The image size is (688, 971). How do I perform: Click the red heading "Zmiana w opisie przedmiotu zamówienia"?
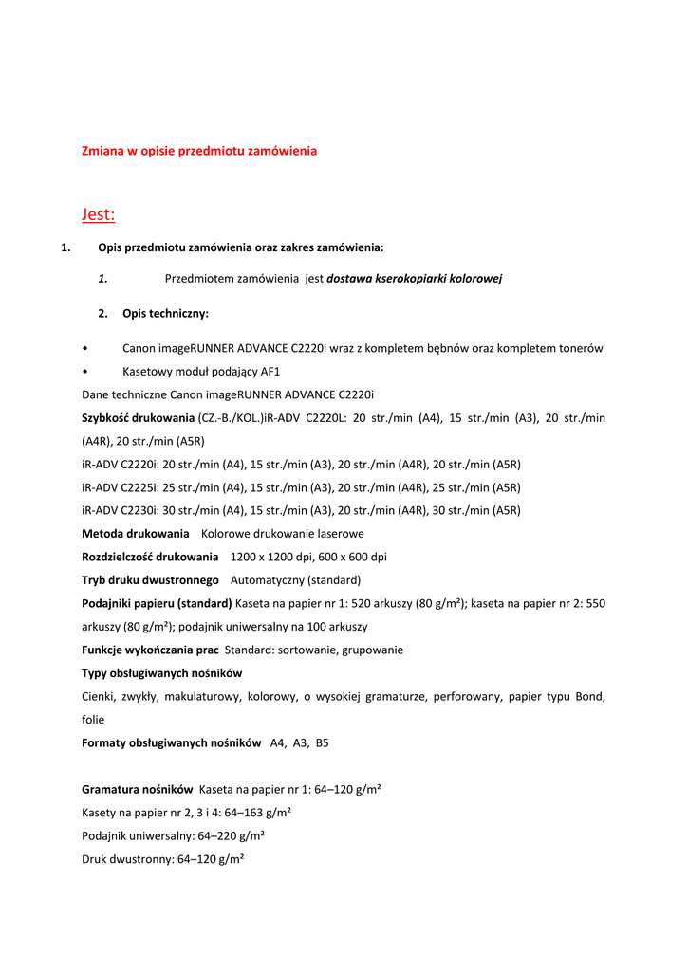click(199, 151)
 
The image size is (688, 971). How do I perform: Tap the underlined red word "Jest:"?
click(98, 214)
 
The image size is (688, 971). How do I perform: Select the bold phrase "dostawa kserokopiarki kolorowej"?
click(414, 279)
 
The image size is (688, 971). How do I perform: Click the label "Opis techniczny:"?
click(165, 313)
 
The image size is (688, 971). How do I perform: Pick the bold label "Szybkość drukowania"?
click(138, 418)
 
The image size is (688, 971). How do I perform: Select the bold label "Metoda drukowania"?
click(135, 534)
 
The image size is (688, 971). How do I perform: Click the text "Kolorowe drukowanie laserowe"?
click(282, 534)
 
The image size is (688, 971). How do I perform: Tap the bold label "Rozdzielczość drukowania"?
click(150, 557)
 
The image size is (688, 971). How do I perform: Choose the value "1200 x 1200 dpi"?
click(270, 557)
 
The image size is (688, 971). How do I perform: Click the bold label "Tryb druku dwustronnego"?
click(150, 580)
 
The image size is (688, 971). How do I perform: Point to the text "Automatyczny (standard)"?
click(295, 580)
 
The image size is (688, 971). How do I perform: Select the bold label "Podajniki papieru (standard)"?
click(157, 603)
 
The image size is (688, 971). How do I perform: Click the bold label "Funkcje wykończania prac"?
click(150, 650)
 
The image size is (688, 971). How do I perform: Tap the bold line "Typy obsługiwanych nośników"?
click(161, 673)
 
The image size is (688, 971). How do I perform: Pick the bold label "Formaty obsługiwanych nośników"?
click(171, 743)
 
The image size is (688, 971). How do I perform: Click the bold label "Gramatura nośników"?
click(138, 789)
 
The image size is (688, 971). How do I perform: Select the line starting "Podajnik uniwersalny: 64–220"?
click(173, 835)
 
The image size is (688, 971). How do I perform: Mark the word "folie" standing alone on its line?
click(93, 720)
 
